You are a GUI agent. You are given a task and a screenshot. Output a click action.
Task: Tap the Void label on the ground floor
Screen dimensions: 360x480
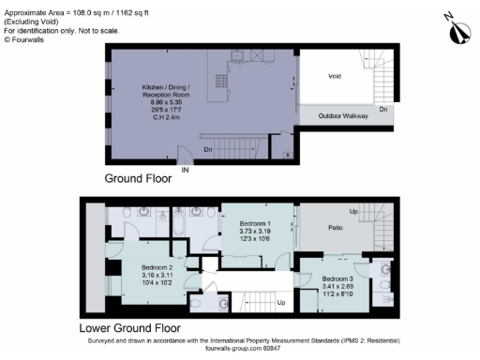point(335,76)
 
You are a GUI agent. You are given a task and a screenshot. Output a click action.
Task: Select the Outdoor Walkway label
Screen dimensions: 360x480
point(342,116)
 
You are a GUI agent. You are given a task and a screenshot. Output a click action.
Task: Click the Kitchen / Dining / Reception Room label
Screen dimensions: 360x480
point(166,89)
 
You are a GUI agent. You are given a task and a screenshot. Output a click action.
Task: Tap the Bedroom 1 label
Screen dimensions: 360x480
point(255,224)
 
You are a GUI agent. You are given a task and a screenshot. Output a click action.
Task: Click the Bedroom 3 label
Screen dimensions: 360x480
point(338,279)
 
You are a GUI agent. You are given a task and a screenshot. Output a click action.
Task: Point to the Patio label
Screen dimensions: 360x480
point(336,228)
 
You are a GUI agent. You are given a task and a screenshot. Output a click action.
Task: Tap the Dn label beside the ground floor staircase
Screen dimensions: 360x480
point(208,148)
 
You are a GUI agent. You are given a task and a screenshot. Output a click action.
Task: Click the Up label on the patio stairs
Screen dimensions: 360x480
point(352,212)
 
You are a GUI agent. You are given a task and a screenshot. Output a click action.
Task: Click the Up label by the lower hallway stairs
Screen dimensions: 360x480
point(280,303)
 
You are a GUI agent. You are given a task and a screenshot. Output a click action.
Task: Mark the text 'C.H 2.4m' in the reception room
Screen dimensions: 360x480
point(166,114)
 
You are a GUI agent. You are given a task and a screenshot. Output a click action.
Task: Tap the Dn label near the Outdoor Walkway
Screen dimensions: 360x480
point(382,109)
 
